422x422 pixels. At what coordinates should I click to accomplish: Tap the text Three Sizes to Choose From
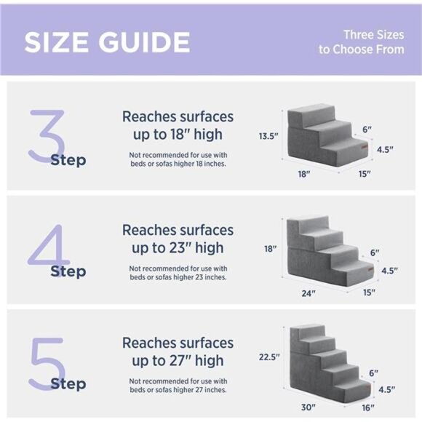[x=361, y=41]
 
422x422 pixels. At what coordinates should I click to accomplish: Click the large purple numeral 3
[x=47, y=135]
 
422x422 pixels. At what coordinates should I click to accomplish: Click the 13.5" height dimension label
[x=268, y=136]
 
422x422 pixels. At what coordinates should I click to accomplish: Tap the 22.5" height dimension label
[x=269, y=357]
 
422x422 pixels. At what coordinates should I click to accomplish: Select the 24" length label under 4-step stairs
[x=309, y=293]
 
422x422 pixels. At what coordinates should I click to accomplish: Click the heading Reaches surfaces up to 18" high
[x=178, y=125]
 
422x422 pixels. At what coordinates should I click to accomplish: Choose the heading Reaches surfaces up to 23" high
[x=178, y=239]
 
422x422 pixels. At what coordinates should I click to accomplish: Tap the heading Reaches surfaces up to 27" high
[x=178, y=351]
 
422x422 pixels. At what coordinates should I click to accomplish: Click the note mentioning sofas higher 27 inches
[x=178, y=386]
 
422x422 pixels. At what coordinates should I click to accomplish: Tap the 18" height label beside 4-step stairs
[x=270, y=249]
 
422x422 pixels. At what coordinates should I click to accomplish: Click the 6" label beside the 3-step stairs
[x=367, y=130]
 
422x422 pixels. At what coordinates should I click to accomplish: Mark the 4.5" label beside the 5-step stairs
[x=386, y=389]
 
